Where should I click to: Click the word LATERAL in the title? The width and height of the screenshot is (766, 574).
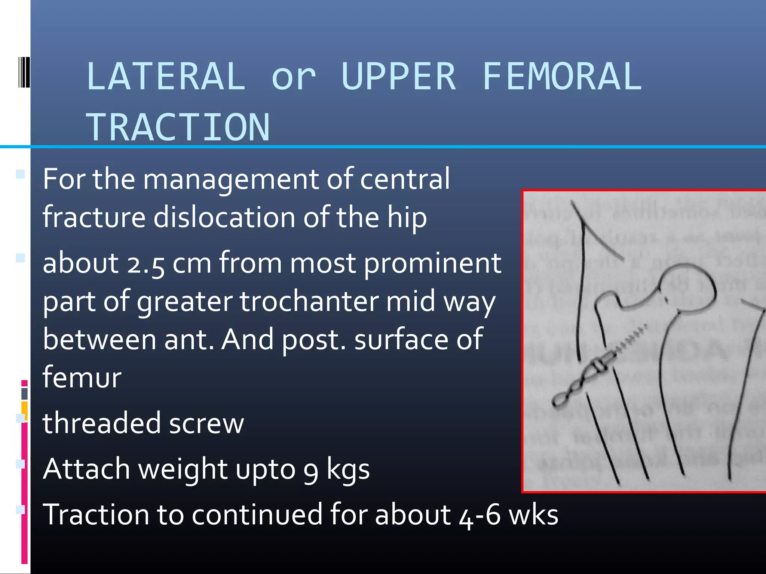click(x=166, y=77)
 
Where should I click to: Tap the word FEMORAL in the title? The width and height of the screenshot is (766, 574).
click(x=562, y=77)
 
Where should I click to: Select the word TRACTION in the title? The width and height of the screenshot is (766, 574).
click(x=178, y=127)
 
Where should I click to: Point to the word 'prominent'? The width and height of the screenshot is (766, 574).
click(x=432, y=264)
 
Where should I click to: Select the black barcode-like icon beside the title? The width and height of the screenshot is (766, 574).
click(x=24, y=72)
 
